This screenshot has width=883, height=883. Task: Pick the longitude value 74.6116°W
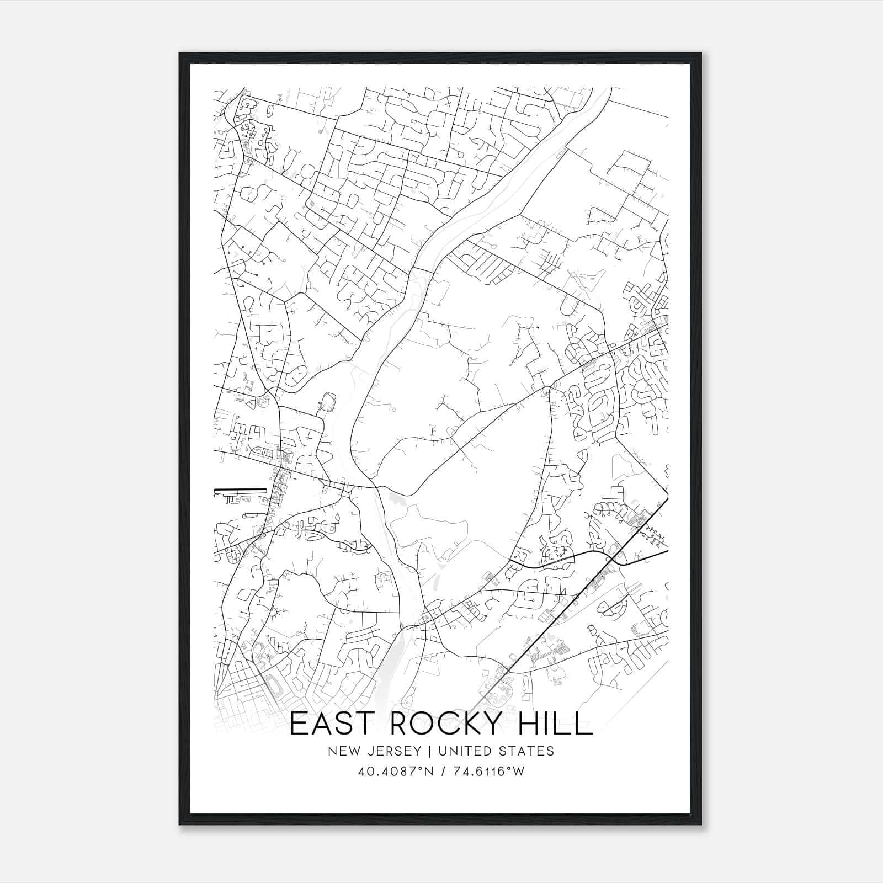point(487,772)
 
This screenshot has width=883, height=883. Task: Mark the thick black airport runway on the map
point(240,490)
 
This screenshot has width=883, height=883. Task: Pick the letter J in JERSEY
point(368,751)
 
